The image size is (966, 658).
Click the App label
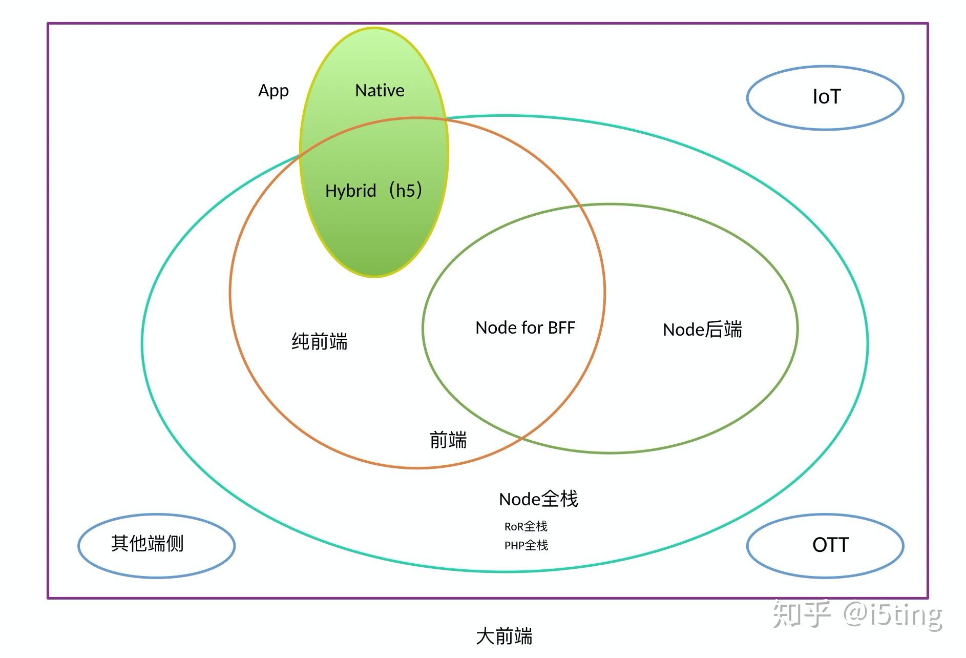point(274,91)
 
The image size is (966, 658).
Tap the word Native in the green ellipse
point(380,91)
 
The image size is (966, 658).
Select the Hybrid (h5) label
point(373,191)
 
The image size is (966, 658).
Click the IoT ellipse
point(825,97)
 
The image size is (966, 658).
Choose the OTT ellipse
point(825,545)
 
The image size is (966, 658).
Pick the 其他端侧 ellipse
point(156,545)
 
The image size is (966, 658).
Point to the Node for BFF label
point(525,328)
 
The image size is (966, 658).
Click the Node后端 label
point(702,330)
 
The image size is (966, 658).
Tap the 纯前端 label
point(320,341)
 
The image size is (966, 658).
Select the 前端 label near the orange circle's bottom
point(448,440)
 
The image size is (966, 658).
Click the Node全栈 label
point(538,499)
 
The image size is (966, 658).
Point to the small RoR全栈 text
point(526,526)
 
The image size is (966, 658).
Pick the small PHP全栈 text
point(526,545)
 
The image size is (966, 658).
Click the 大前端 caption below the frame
point(504,636)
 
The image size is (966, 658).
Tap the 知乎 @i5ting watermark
point(857,614)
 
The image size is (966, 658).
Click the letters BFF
point(561,328)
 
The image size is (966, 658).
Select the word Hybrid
point(351,191)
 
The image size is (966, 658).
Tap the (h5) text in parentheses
point(405,191)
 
